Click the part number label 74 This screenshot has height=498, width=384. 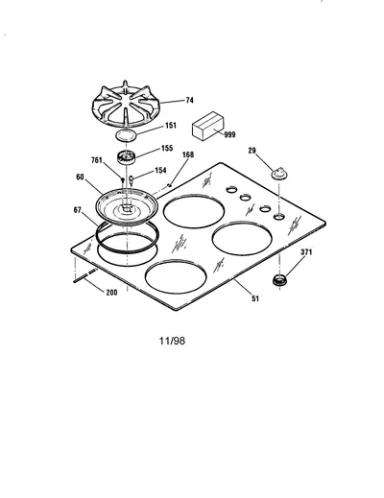pyautogui.click(x=189, y=101)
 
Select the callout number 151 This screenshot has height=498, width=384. pyautogui.click(x=171, y=126)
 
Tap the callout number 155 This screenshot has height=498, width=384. pyautogui.click(x=167, y=148)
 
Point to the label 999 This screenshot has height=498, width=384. pyautogui.click(x=229, y=134)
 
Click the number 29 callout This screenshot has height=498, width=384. pyautogui.click(x=252, y=151)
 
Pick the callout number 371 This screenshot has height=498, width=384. pyautogui.click(x=306, y=252)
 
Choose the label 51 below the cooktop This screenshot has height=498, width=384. pyautogui.click(x=255, y=298)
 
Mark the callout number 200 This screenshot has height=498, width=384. pyautogui.click(x=111, y=293)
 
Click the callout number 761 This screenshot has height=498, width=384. pyautogui.click(x=97, y=160)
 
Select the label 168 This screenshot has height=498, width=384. pyautogui.click(x=188, y=154)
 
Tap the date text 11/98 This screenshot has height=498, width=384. pyautogui.click(x=172, y=341)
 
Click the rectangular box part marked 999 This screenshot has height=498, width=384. pyautogui.click(x=208, y=126)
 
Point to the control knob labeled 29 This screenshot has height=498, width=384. pyautogui.click(x=279, y=174)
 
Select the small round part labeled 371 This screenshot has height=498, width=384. pyautogui.click(x=279, y=280)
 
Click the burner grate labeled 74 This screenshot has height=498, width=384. pyautogui.click(x=126, y=106)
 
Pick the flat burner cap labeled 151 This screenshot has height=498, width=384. pyautogui.click(x=127, y=135)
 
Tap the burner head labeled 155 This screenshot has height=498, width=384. pyautogui.click(x=126, y=157)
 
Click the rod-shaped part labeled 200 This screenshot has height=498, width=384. pyautogui.click(x=85, y=276)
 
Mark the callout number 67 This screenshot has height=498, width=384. pyautogui.click(x=78, y=210)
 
